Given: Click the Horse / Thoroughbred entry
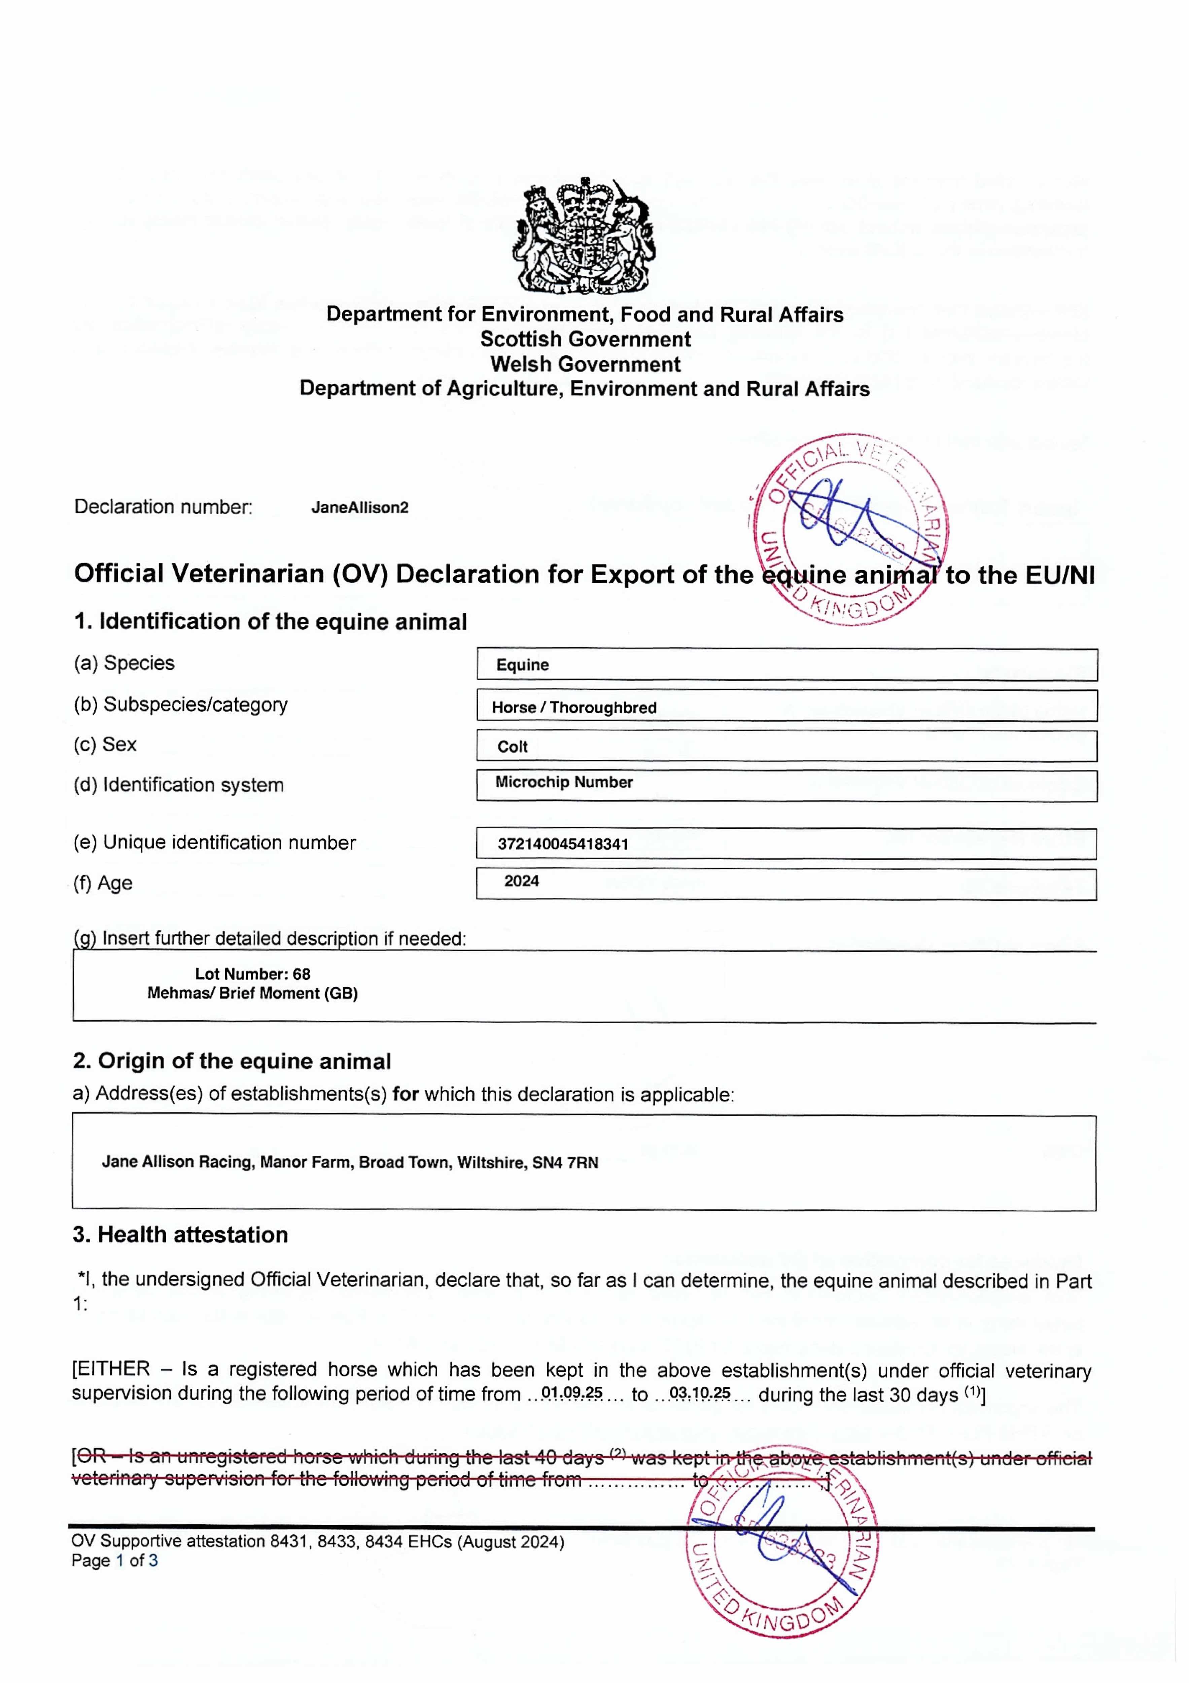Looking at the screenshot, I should point(574,707).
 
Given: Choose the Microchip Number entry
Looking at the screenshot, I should point(564,782).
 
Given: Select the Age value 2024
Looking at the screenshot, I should point(521,881).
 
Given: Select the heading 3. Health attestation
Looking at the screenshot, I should point(180,1235).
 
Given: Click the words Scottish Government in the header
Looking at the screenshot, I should point(585,339).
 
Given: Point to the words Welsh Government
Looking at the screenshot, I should point(585,364).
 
